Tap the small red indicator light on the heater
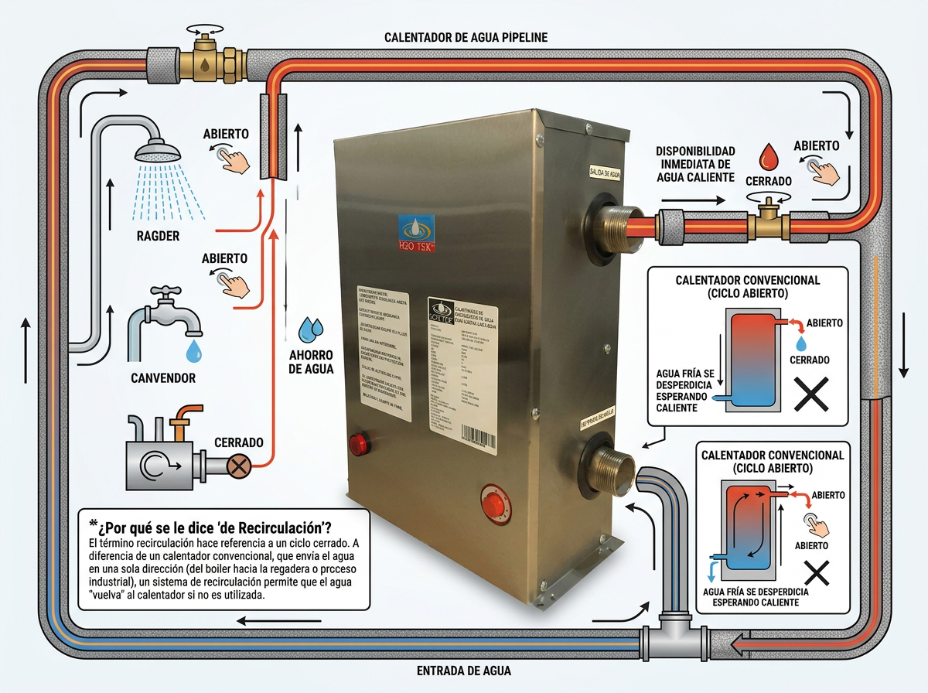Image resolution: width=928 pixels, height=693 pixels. [x=360, y=444]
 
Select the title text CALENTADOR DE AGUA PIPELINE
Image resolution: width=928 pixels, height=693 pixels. [x=466, y=37]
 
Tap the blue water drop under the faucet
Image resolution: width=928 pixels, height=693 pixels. [x=193, y=352]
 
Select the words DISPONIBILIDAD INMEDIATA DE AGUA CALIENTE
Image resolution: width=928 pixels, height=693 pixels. [x=695, y=164]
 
